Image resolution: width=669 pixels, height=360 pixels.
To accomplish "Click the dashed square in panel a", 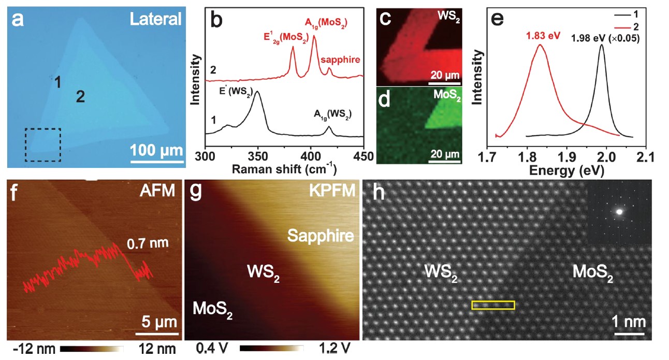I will coord(43,145).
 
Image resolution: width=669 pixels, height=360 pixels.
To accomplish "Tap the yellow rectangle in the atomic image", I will coord(493,305).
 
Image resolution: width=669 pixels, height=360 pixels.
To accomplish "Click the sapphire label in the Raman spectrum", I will coord(339,61).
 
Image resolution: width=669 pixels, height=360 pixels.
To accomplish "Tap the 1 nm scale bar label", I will coord(630,321).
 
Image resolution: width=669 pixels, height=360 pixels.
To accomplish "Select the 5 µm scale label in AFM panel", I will coord(161,321).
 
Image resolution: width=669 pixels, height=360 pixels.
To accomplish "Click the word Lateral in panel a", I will coord(155,20).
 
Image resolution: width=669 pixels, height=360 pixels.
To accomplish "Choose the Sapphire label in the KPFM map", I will coord(321,236).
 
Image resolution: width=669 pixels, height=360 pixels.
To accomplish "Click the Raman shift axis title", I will coord(284,169).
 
